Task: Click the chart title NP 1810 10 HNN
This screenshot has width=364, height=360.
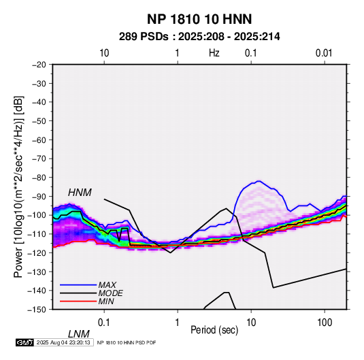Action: point(199,19)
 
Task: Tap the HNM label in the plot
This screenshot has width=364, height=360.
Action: point(80,193)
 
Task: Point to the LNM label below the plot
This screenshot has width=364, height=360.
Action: point(79,334)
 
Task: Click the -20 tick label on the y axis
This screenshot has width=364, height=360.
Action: point(39,65)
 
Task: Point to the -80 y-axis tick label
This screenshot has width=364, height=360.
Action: point(39,178)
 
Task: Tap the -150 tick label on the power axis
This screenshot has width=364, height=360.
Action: point(37,310)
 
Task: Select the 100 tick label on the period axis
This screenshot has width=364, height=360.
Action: point(325,323)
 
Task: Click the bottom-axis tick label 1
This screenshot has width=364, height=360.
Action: point(177,323)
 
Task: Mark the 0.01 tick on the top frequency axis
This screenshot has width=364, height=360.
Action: point(324,53)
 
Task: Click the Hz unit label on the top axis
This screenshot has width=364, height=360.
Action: point(214,53)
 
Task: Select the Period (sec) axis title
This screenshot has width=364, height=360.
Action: point(214,330)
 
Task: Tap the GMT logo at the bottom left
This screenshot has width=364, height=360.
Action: point(24,342)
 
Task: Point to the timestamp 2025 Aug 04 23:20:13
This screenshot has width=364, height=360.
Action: point(63,342)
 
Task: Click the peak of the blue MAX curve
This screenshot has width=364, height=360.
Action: point(259,181)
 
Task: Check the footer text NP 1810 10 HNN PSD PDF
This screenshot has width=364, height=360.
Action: point(127,342)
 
